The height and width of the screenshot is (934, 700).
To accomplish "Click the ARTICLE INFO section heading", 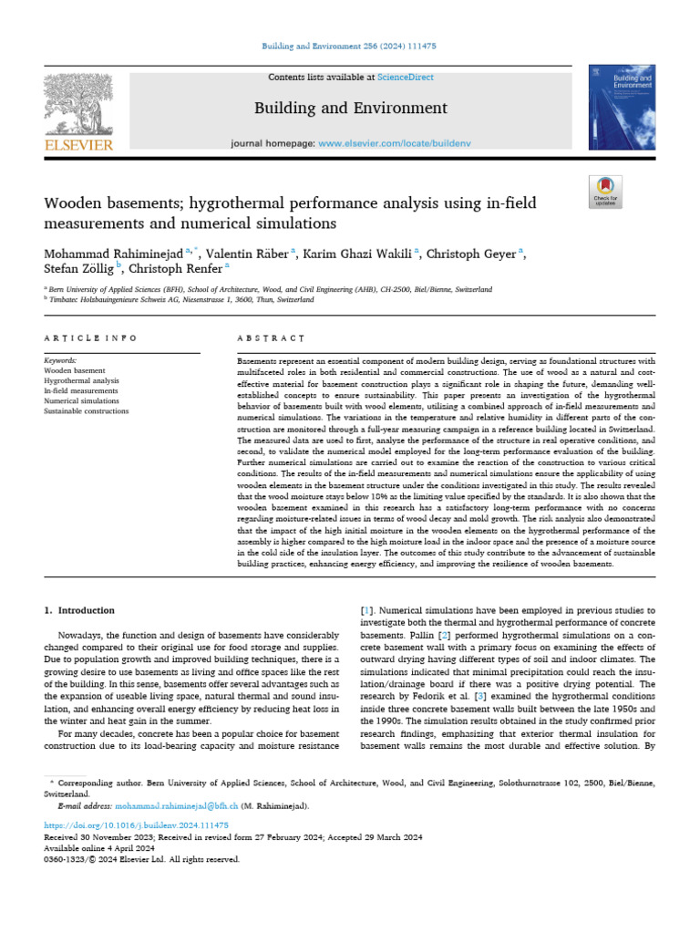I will tap(90, 338).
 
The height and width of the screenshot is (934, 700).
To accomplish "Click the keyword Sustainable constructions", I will tap(87, 410).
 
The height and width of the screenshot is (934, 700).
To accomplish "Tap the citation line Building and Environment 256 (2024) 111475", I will tap(349, 46).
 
